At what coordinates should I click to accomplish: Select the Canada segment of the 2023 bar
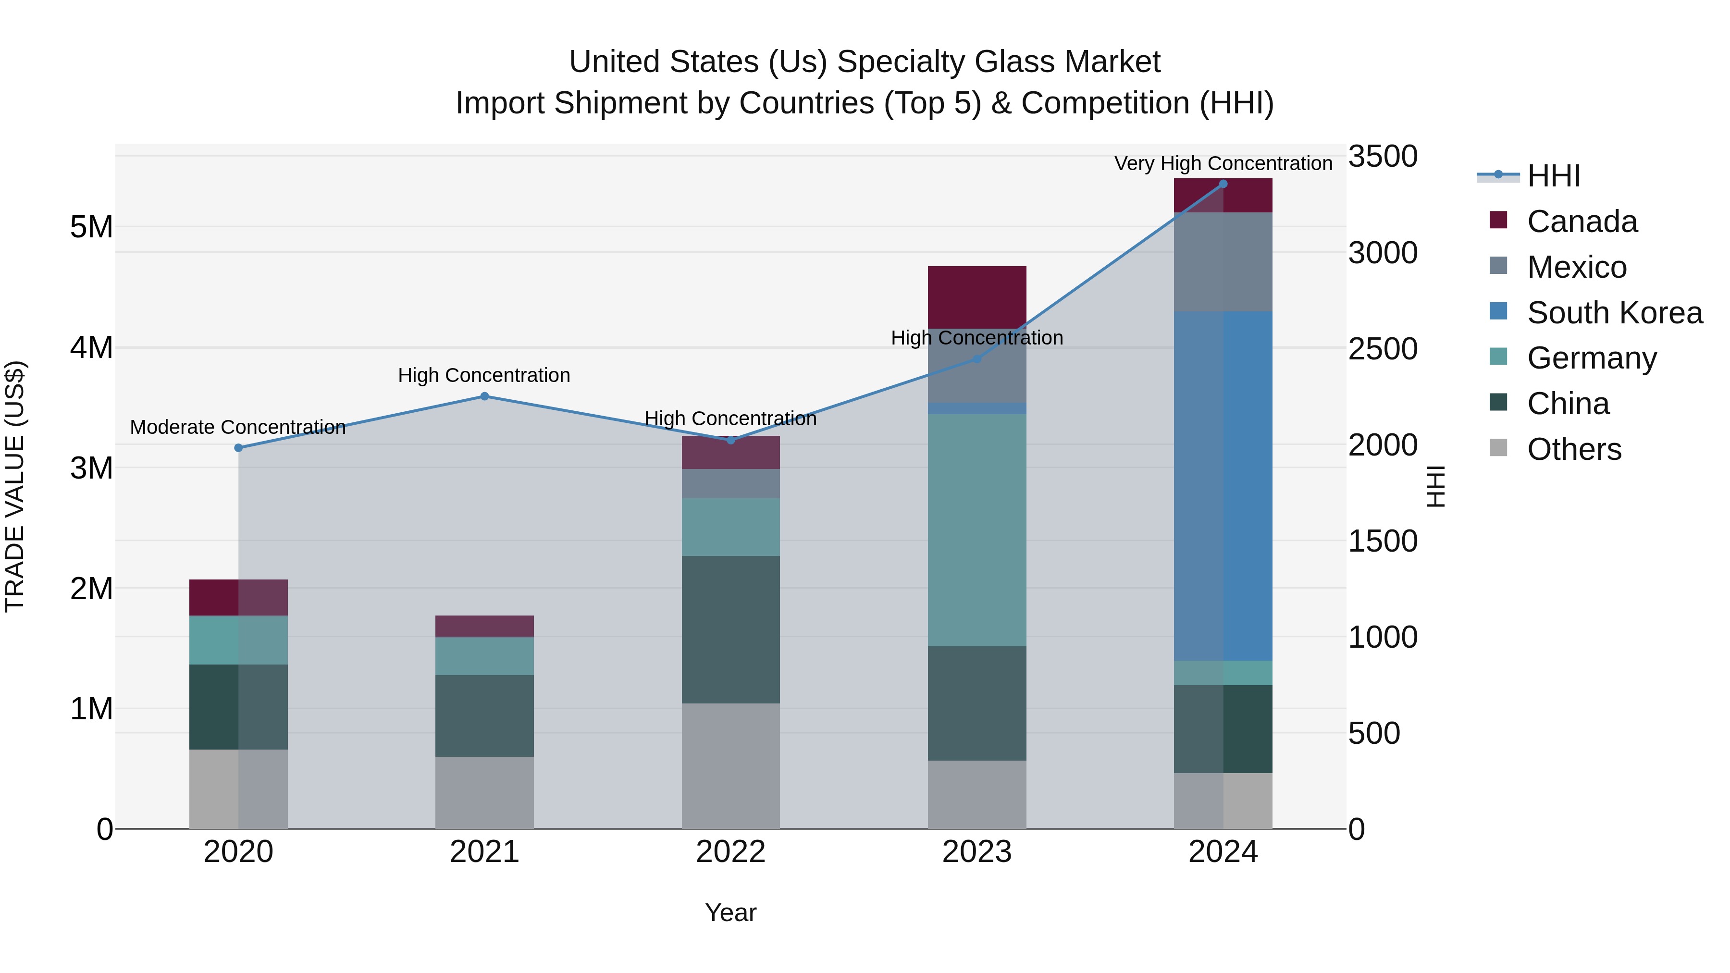point(976,297)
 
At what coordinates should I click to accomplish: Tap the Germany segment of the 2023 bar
point(976,530)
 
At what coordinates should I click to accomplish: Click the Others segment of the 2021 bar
point(484,792)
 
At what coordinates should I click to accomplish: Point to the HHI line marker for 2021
point(484,396)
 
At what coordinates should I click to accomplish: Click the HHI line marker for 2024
point(1223,184)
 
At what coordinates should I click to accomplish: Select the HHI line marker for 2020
point(238,448)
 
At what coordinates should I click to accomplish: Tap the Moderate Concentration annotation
point(238,427)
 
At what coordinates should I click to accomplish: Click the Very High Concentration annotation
point(1223,163)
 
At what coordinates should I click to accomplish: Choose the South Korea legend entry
point(1615,313)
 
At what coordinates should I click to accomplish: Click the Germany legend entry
point(1592,358)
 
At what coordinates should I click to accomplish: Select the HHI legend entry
point(1553,176)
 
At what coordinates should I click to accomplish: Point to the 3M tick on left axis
point(91,468)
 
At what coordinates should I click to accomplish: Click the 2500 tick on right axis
point(1383,349)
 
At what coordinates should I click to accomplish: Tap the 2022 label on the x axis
point(730,852)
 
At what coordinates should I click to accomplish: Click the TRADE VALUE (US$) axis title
point(15,486)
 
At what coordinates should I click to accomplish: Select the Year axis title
point(730,912)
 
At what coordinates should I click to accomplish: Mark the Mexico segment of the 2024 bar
point(1223,262)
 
